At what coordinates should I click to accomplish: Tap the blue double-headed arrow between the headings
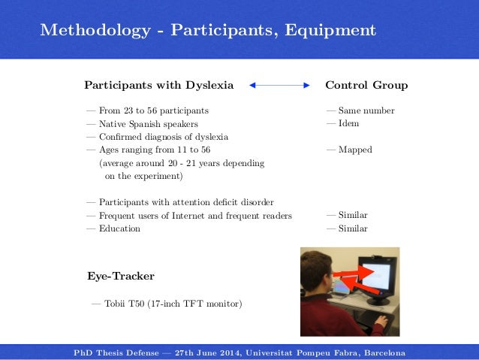(x=279, y=86)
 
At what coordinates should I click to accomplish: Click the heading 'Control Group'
(x=366, y=86)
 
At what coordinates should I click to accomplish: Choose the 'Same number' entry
(x=366, y=110)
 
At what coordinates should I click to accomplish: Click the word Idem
(x=348, y=123)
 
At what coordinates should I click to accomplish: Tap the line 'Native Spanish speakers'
(x=148, y=123)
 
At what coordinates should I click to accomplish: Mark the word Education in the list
(x=119, y=228)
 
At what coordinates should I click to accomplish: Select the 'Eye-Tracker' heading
(x=121, y=277)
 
